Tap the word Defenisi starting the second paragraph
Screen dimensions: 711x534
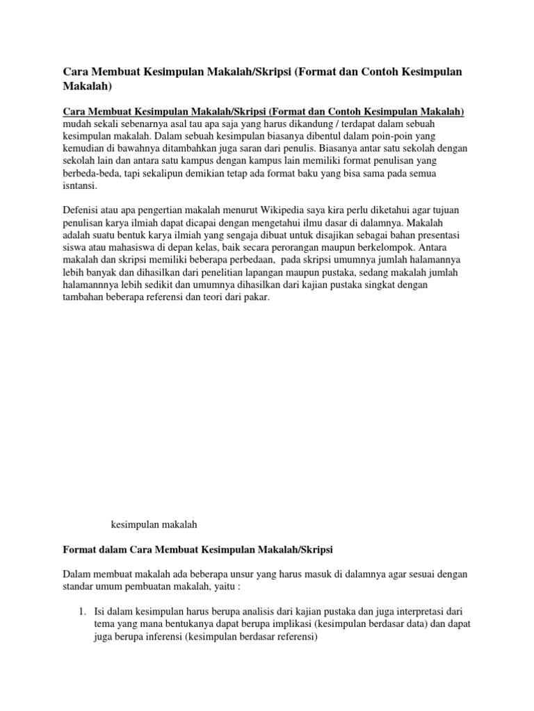coord(82,210)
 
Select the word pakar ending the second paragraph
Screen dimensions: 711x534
coord(254,297)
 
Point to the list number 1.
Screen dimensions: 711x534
coord(81,611)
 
